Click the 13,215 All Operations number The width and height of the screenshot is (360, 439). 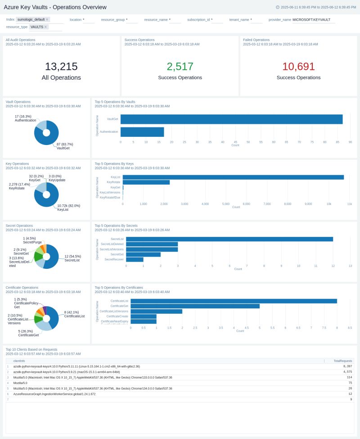61,67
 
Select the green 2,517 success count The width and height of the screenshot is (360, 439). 180,67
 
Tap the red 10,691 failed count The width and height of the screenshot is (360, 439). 298,67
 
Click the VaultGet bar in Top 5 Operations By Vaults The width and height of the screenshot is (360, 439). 231,119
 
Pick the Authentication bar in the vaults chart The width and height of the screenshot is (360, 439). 142,132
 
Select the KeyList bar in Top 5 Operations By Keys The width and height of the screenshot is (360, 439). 233,177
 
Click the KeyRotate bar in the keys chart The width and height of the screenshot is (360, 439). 146,182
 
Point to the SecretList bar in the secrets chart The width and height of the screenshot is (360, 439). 229,239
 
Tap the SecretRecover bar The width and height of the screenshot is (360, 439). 135,259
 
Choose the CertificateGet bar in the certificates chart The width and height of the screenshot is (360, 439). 195,306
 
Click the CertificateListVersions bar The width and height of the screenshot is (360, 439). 156,311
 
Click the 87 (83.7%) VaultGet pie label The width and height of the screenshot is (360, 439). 65,146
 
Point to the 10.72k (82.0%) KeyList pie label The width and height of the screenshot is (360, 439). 68,208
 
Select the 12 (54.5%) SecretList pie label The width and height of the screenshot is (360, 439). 72,258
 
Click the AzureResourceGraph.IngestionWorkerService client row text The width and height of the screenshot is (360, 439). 54,394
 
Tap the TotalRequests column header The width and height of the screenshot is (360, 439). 342,361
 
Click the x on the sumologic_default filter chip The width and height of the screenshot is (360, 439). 47,19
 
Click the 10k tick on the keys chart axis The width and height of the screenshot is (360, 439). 329,204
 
